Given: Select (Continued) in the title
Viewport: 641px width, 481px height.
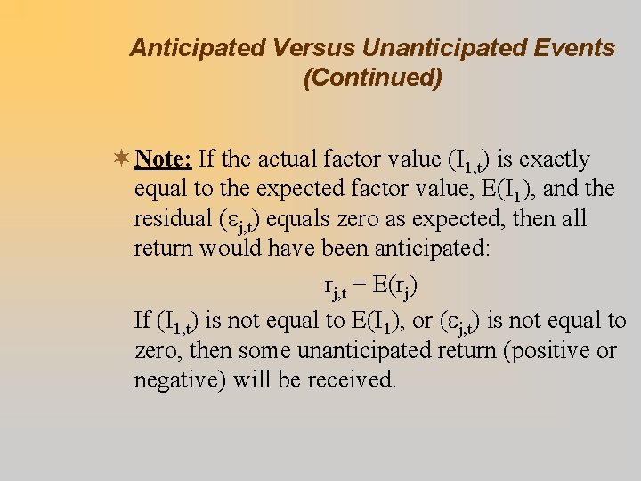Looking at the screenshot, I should point(372,78).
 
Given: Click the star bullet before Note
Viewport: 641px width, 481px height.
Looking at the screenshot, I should point(122,159).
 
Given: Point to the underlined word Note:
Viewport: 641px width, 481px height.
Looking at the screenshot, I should point(163,159).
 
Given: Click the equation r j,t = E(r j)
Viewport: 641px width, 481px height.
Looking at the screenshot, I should point(370,287).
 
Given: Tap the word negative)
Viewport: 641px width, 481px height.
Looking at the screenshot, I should point(181,380).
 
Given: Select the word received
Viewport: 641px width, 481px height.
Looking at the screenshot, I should point(352,380).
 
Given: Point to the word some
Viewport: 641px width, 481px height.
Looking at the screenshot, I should point(265,350).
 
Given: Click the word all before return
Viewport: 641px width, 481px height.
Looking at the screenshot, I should point(572,219).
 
